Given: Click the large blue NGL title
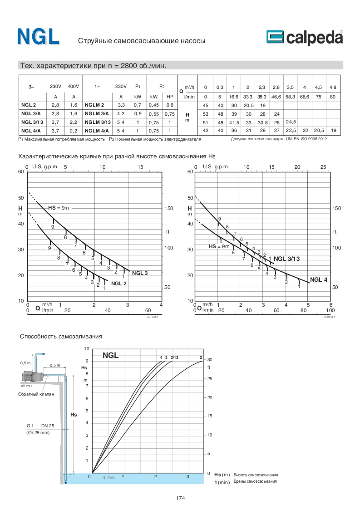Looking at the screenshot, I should (x=38, y=37).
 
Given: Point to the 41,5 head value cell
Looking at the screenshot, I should (x=234, y=122).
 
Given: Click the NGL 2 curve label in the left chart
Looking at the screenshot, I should (x=118, y=284).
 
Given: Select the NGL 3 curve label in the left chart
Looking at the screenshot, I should (x=140, y=273).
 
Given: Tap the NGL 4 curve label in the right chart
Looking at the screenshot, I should (x=319, y=279).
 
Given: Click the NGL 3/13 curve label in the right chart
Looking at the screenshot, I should (x=287, y=259).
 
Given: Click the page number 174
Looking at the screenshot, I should (x=180, y=498).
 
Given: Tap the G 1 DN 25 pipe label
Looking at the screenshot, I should (x=40, y=426).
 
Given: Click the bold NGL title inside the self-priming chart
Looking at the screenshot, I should (x=110, y=356).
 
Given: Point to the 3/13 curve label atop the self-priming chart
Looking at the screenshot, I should (x=174, y=357).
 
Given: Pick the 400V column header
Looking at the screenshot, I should (x=73, y=86).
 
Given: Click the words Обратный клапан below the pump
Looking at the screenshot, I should (x=36, y=394).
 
